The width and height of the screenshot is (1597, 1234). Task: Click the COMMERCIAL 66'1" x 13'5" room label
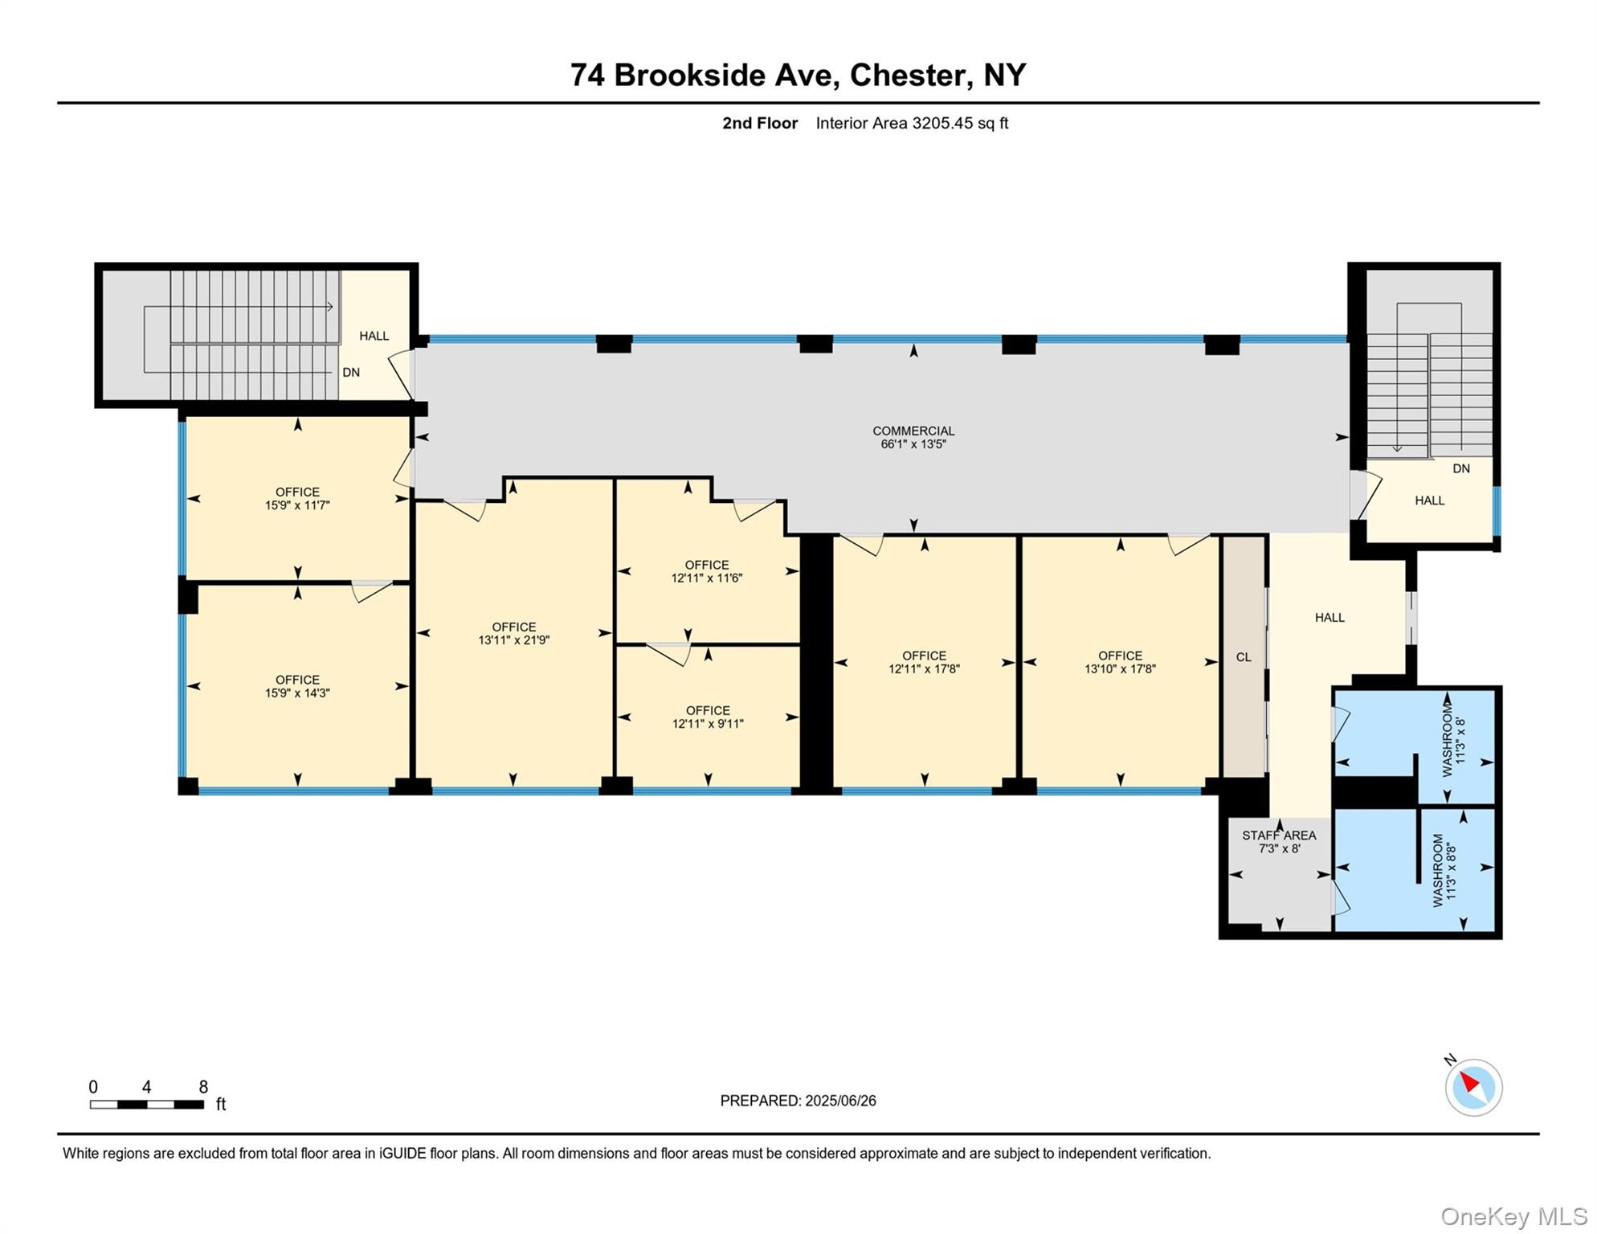pos(913,437)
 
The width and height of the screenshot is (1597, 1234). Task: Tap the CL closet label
pos(1244,657)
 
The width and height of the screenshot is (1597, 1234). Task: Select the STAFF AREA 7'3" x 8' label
pos(1279,842)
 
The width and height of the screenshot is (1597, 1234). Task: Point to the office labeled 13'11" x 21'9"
pos(514,634)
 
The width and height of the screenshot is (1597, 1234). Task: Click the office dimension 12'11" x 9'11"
pos(708,724)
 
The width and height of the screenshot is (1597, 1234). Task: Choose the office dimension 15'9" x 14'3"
pos(297,693)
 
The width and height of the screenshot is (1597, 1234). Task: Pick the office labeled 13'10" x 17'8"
pos(1120,662)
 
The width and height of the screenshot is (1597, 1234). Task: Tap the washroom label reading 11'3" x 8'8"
pos(1451,870)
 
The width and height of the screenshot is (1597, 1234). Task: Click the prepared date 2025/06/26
pos(840,1101)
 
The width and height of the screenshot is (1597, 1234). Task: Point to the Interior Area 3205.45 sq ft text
pos(912,123)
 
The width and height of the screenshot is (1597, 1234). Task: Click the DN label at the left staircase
pos(351,373)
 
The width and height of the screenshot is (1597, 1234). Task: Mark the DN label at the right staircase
pos(1461,468)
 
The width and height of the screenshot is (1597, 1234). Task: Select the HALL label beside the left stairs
pos(374,336)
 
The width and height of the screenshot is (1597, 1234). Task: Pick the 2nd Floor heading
pos(760,123)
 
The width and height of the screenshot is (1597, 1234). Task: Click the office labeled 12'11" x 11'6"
pos(707,571)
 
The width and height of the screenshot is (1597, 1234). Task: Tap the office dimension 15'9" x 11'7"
pos(297,505)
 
